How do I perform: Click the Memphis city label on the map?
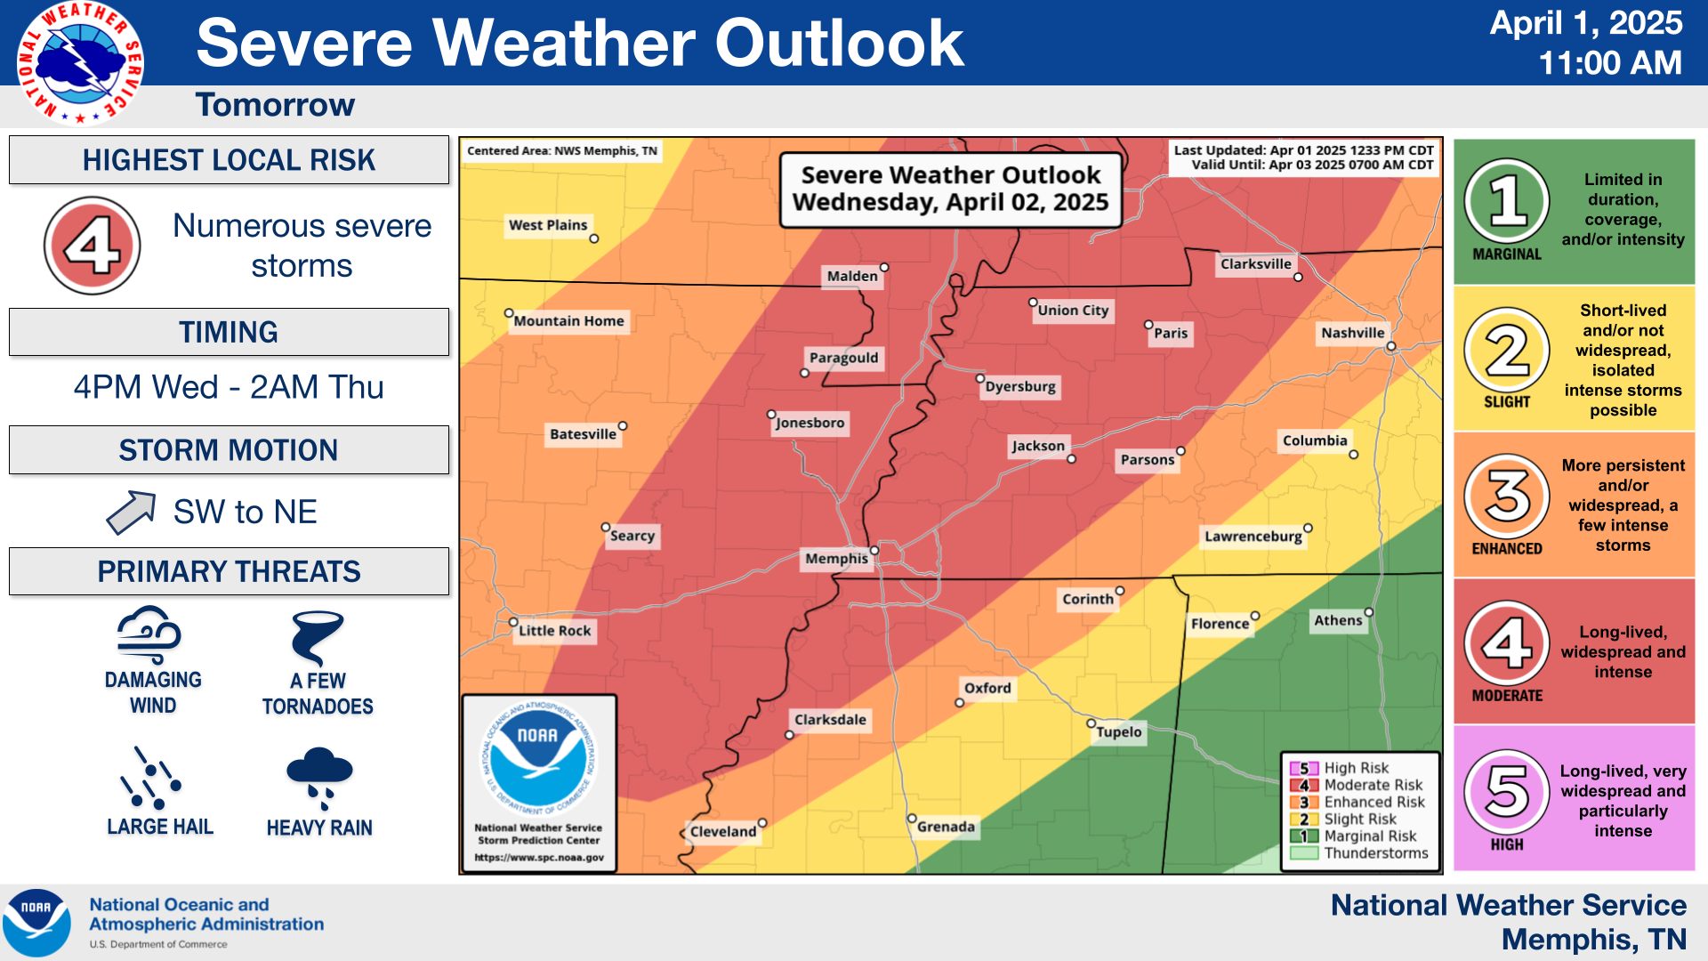(835, 559)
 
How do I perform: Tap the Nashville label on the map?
(1351, 334)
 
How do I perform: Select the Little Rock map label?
(554, 631)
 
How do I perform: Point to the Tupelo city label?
(1118, 732)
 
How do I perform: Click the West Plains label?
(547, 225)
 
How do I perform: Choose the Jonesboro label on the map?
(810, 423)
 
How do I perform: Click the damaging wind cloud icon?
(149, 634)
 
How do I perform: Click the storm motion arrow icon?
(131, 513)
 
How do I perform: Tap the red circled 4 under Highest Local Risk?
(93, 246)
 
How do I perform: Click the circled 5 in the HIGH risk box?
(1506, 791)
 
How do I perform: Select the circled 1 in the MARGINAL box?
(1506, 201)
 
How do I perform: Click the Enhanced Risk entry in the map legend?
(1373, 803)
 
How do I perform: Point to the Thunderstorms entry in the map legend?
(1374, 853)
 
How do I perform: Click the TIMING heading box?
(229, 332)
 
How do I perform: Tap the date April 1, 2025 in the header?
(1585, 23)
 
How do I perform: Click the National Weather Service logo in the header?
(80, 62)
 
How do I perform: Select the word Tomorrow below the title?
(275, 105)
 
